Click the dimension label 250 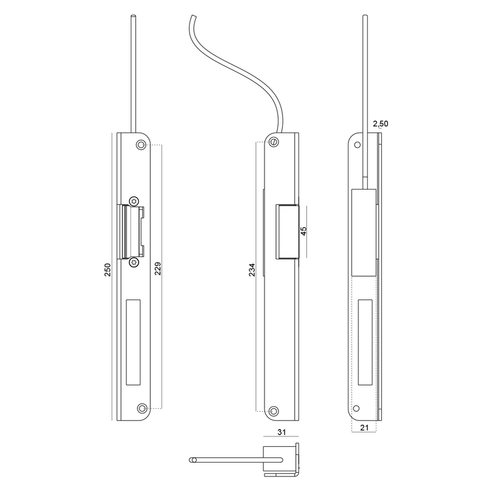[107, 269]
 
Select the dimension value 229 [158, 269]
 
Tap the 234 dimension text [252, 270]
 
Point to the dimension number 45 [303, 231]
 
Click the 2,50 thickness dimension [381, 124]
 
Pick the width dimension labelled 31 [282, 432]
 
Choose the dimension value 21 [364, 427]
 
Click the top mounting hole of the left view [141, 145]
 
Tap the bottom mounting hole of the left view [142, 408]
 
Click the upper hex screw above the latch [134, 201]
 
